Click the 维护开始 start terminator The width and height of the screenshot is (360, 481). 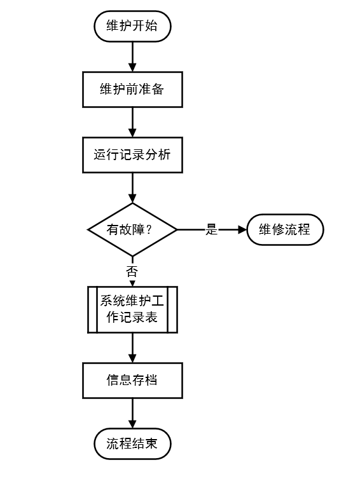point(132,26)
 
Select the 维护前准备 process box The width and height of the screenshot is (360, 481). point(132,90)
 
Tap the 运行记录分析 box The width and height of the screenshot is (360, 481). point(132,155)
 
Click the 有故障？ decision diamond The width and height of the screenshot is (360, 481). point(132,229)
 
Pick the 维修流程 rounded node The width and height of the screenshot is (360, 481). point(285,229)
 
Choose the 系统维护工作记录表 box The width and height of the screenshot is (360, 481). point(132,309)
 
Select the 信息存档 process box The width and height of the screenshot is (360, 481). point(132,381)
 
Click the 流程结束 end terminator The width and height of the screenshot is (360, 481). point(132,444)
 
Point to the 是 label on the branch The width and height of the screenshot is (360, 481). point(212,230)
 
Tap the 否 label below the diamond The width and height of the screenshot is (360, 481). point(132,271)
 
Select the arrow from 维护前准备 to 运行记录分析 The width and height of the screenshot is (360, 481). point(132,122)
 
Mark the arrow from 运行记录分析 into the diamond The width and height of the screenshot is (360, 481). point(132,187)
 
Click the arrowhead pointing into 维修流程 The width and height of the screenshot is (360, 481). point(242,229)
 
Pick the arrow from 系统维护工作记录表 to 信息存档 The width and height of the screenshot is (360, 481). point(132,348)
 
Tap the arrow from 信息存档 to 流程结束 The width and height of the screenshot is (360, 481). point(132,414)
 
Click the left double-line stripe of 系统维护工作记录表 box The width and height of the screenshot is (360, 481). point(92,309)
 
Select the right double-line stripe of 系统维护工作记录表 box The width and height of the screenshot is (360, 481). point(172,309)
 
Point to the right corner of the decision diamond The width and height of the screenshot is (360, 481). point(176,229)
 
